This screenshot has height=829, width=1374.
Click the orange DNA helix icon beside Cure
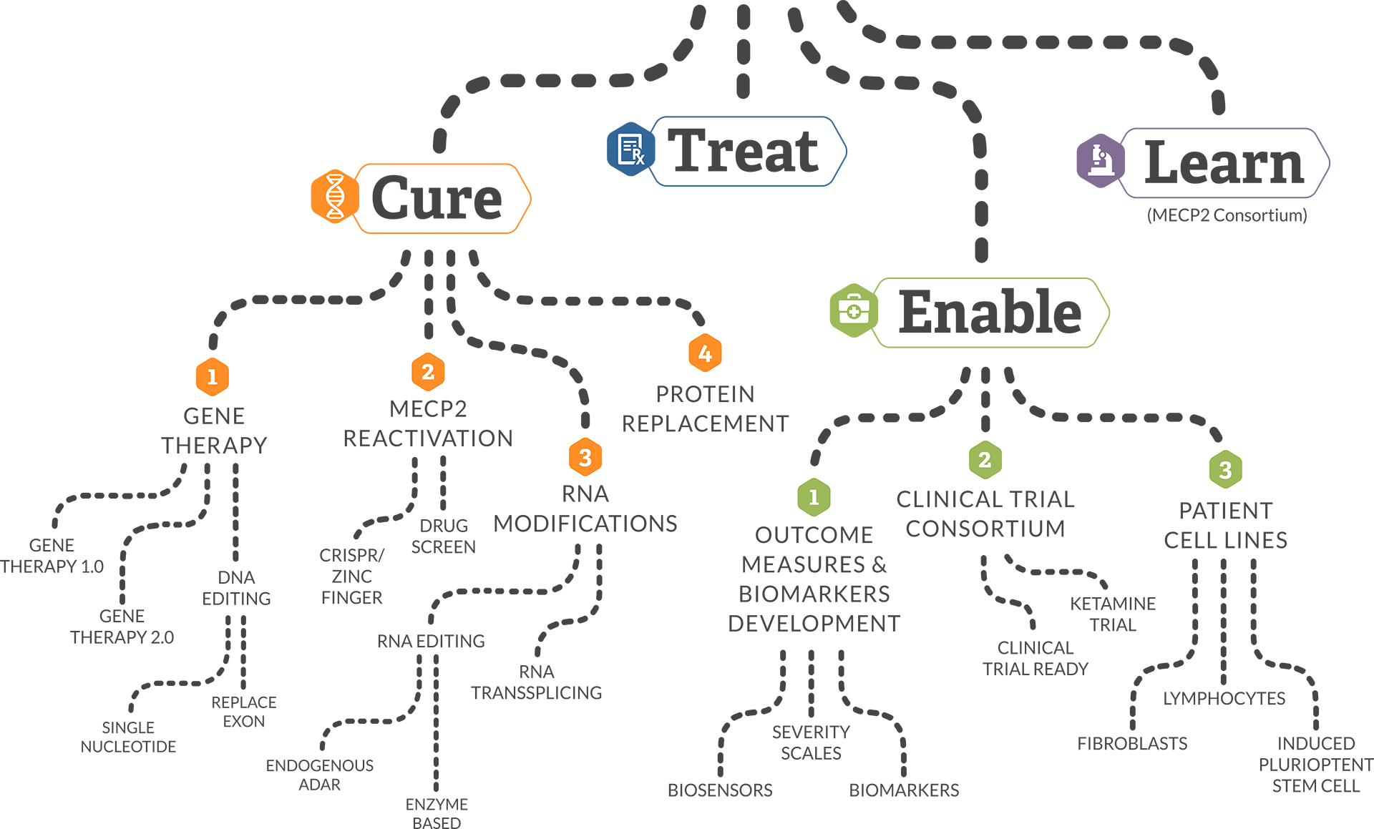pyautogui.click(x=334, y=197)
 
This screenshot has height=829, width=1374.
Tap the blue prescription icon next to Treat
pyautogui.click(x=630, y=149)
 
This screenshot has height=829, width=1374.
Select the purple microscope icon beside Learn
pyautogui.click(x=1100, y=161)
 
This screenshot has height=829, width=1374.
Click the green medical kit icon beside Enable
pyautogui.click(x=853, y=310)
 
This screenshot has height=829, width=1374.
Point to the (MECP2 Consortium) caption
pyautogui.click(x=1227, y=215)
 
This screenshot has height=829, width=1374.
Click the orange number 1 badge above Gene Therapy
pyautogui.click(x=212, y=377)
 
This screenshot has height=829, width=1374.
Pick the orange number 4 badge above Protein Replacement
pyautogui.click(x=705, y=353)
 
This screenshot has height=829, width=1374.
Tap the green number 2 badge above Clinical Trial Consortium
pyautogui.click(x=985, y=460)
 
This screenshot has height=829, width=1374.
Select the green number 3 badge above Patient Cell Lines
pyautogui.click(x=1225, y=470)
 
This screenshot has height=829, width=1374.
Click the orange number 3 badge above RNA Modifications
pyautogui.click(x=585, y=457)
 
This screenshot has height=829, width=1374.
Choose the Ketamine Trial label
pyautogui.click(x=1113, y=614)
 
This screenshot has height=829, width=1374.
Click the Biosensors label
pyautogui.click(x=720, y=790)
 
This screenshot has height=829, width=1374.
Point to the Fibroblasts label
pyautogui.click(x=1132, y=744)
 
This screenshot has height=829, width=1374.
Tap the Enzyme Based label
pyautogui.click(x=437, y=813)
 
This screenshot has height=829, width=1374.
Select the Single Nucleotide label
pyautogui.click(x=128, y=737)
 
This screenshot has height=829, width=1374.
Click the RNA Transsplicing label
pyautogui.click(x=536, y=682)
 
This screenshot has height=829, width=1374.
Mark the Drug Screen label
pyautogui.click(x=443, y=536)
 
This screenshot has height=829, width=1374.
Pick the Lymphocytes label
pyautogui.click(x=1224, y=698)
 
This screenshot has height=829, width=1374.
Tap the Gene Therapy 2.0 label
pyautogui.click(x=122, y=627)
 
